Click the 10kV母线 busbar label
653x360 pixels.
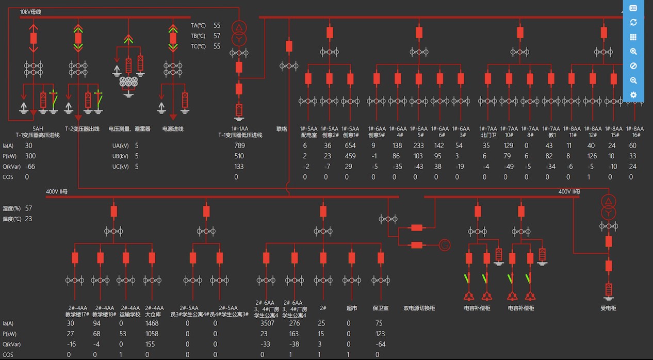[30, 11]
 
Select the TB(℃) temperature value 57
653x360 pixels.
[217, 36]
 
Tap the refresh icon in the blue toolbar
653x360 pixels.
[633, 23]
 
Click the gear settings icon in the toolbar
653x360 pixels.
[633, 95]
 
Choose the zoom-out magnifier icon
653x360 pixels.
[633, 81]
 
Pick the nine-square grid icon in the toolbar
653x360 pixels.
[633, 37]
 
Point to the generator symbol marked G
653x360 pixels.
[445, 245]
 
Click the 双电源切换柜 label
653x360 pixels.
[419, 308]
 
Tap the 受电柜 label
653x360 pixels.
[609, 308]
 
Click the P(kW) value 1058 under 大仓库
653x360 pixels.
[152, 334]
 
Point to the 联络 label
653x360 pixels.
[282, 129]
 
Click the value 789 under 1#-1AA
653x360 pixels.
[239, 145]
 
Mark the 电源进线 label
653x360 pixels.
[173, 129]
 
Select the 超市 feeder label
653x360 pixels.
[351, 308]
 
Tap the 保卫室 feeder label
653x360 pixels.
[381, 308]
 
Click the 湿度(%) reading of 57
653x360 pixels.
[28, 208]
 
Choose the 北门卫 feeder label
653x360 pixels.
[488, 135]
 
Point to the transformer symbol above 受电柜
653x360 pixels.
[609, 207]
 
